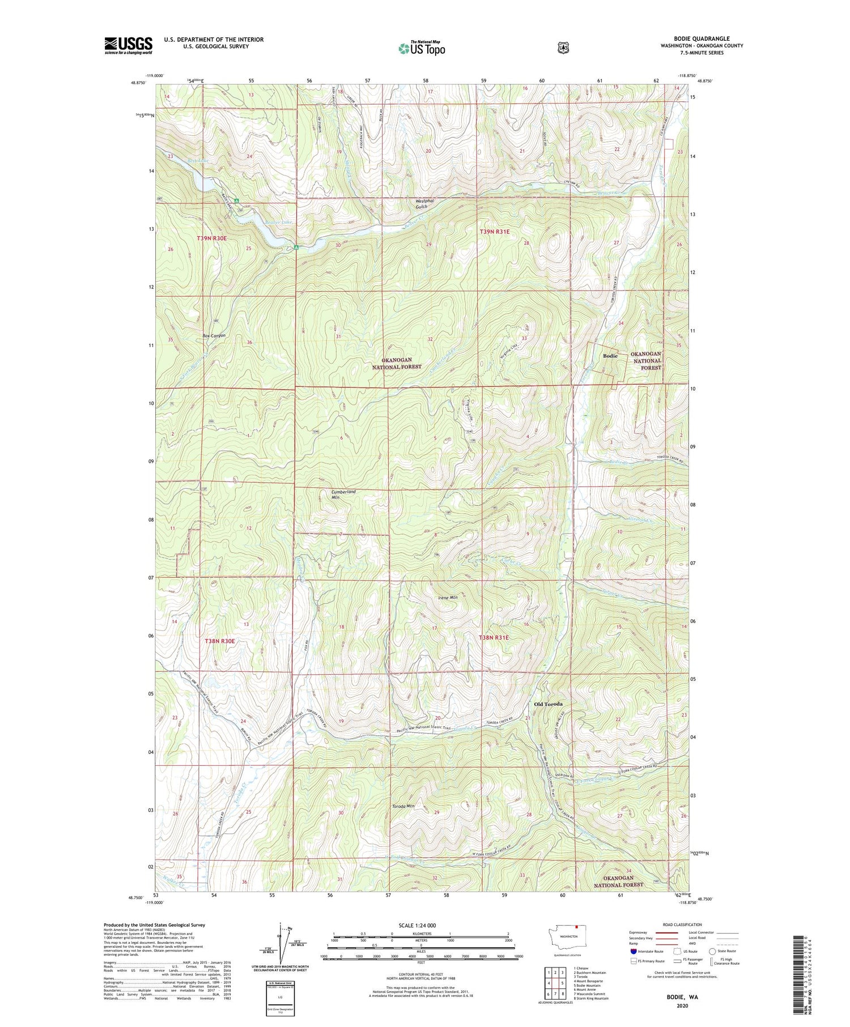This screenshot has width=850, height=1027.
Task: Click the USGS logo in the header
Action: pos(128,45)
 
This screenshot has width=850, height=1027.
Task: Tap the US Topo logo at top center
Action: pos(422,48)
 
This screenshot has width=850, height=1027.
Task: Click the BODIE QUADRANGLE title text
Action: pos(701,39)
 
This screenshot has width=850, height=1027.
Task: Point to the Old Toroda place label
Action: pos(549,704)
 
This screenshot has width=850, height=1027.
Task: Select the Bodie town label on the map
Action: pos(610,356)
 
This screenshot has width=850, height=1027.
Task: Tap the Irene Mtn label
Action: pos(448,598)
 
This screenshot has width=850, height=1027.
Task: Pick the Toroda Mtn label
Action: pos(403,806)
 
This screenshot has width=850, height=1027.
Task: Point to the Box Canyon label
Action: pos(214,335)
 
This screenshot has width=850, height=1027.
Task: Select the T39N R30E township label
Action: pos(211,238)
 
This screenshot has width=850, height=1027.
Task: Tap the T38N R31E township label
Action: pos(494,637)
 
